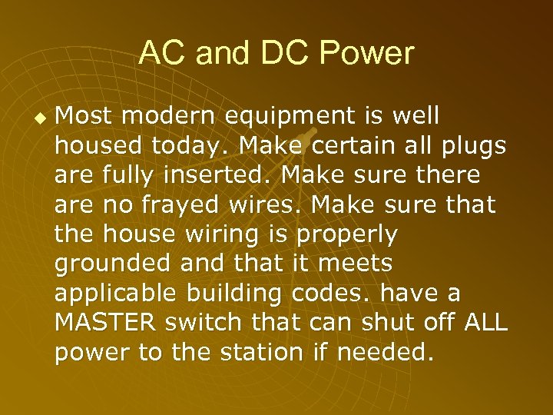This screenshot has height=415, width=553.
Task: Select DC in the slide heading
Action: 283,53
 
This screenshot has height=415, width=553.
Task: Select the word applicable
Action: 111,294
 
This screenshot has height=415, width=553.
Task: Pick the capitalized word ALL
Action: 486,324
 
